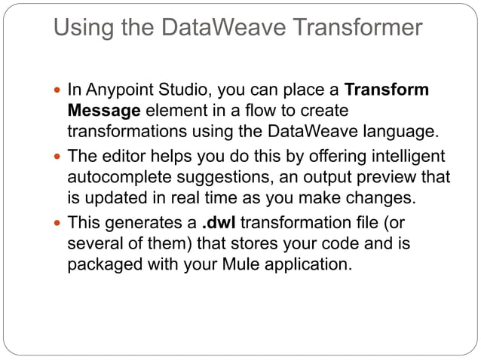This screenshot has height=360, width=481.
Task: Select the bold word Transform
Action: click(x=386, y=91)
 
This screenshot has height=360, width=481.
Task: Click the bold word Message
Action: click(x=103, y=111)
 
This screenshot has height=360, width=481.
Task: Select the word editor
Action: click(x=120, y=157)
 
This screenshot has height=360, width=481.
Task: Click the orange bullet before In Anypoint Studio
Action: click(x=59, y=91)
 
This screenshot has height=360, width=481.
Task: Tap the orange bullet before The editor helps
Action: click(x=59, y=157)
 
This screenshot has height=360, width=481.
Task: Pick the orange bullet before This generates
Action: click(x=59, y=224)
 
